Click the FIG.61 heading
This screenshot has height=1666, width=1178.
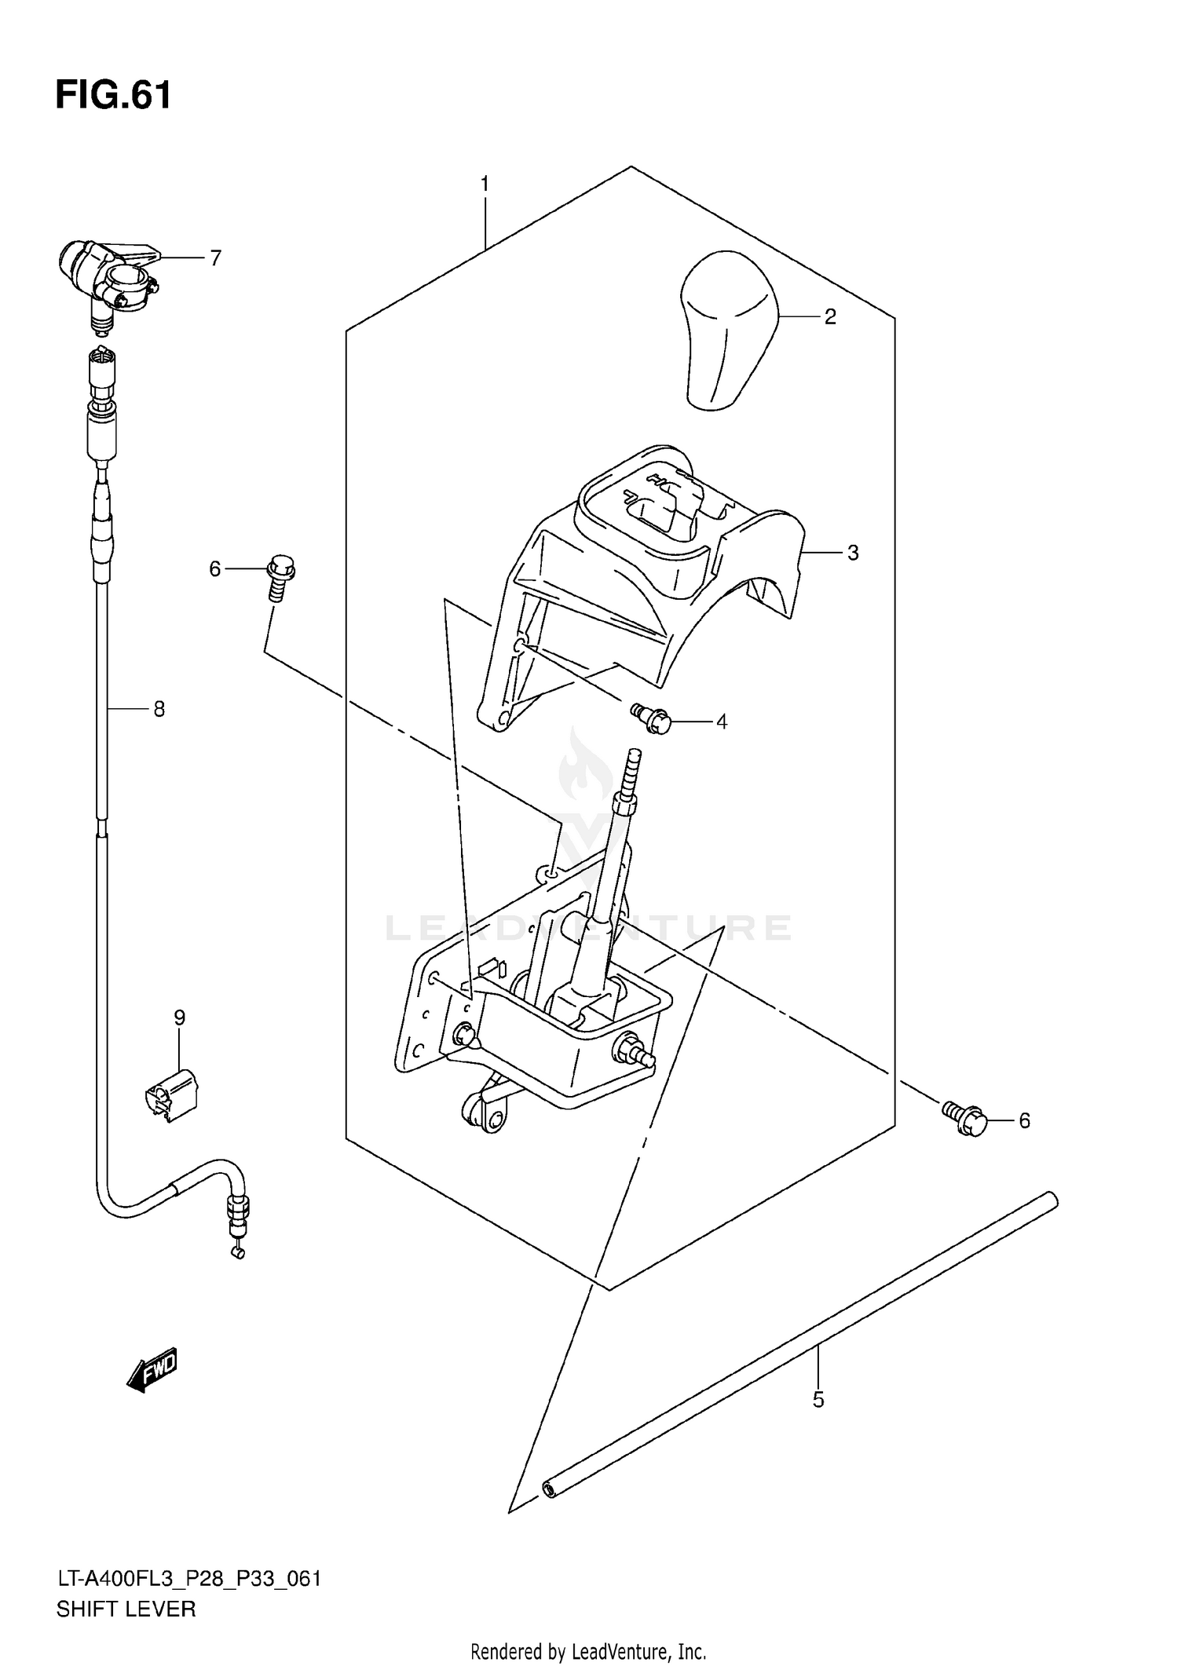tap(113, 96)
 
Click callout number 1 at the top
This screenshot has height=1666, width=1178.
tap(485, 184)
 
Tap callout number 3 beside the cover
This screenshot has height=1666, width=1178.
tap(853, 553)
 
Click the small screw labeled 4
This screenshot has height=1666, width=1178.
tap(651, 718)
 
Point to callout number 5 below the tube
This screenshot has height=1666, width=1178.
tap(818, 1400)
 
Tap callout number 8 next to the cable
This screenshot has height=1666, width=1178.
tap(159, 710)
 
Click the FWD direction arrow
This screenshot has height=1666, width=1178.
tap(152, 1371)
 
